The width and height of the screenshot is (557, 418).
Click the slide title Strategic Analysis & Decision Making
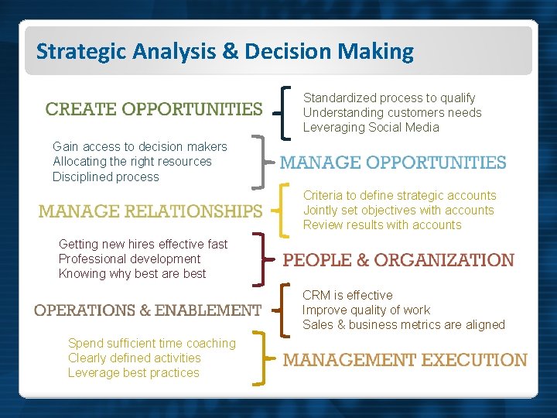coord(225,52)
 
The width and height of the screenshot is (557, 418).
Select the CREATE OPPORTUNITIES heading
coord(154,109)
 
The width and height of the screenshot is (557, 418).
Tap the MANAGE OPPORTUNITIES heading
coord(392,163)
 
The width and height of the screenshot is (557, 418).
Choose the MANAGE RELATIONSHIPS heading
coord(151,211)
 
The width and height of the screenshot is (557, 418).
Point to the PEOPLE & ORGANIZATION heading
coord(398,260)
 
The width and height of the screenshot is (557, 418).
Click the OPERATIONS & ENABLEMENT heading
coord(148,310)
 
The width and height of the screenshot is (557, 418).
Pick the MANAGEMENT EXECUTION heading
coord(405,360)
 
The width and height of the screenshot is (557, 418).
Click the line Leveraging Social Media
coord(371,128)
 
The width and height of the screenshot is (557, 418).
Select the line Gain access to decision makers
coord(140,146)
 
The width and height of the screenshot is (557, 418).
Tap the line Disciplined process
coord(106,176)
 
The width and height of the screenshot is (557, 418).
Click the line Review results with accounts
coord(382,225)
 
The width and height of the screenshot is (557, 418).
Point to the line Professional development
coord(129,259)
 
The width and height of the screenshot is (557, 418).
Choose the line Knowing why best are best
coord(132,273)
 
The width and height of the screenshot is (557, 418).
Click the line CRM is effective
coord(347,295)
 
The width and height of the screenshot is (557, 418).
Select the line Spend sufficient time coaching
coord(152,343)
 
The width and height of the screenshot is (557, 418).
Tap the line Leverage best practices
coord(134,372)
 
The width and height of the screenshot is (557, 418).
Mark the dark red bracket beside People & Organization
coord(265,259)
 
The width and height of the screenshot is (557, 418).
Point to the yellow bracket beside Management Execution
coord(266,359)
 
